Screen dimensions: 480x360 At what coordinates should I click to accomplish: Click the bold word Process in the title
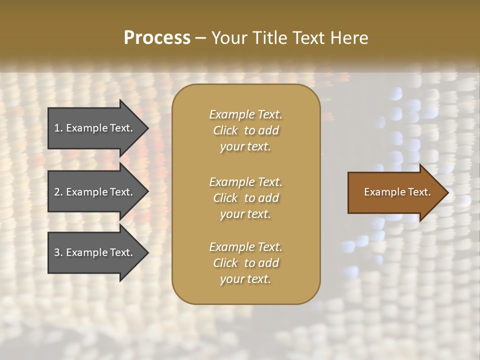coord(157,37)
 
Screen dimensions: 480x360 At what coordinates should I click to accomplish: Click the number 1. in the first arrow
coord(58,128)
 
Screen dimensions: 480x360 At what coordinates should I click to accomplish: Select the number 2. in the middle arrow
coord(58,192)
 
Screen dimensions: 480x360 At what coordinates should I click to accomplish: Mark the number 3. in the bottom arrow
coord(58,252)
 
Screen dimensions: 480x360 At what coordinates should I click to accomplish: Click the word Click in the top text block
coord(225,130)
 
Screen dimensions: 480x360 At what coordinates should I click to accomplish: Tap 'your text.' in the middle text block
coord(245,214)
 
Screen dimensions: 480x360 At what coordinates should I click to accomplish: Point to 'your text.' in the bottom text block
coord(245,279)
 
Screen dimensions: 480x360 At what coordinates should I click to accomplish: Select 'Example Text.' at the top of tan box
coord(245,114)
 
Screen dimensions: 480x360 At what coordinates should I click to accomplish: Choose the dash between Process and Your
coord(201,38)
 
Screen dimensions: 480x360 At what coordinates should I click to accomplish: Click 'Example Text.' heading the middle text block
coord(245,181)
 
